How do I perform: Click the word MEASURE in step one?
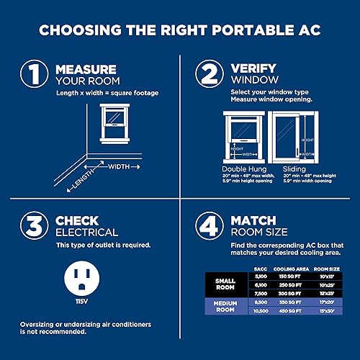click(x=86, y=70)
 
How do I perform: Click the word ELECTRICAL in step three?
click(x=87, y=232)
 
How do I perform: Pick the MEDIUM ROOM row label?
click(x=226, y=307)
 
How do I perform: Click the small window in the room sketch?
click(x=113, y=118)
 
